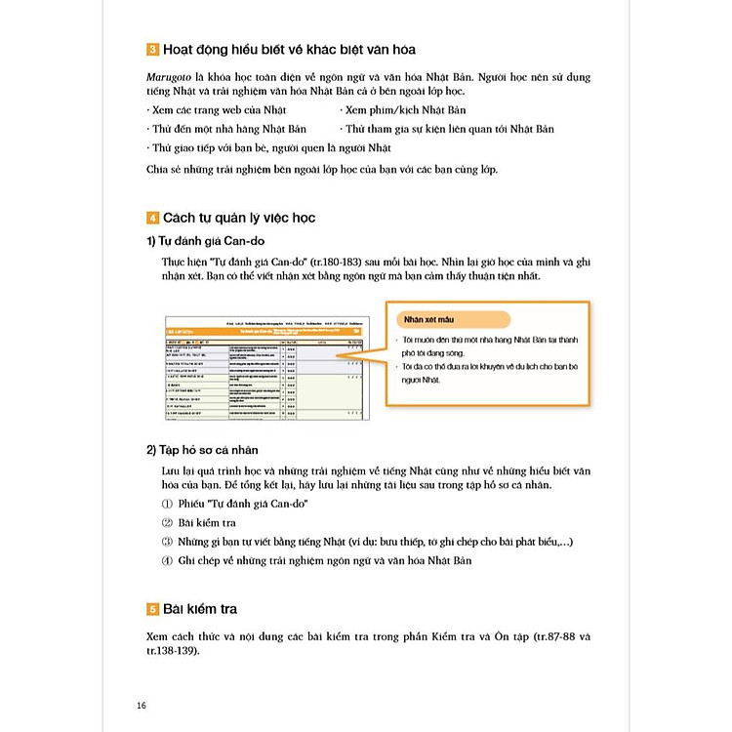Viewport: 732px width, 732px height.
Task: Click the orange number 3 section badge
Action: pyautogui.click(x=151, y=50)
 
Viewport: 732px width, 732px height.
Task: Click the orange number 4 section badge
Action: pyautogui.click(x=151, y=217)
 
